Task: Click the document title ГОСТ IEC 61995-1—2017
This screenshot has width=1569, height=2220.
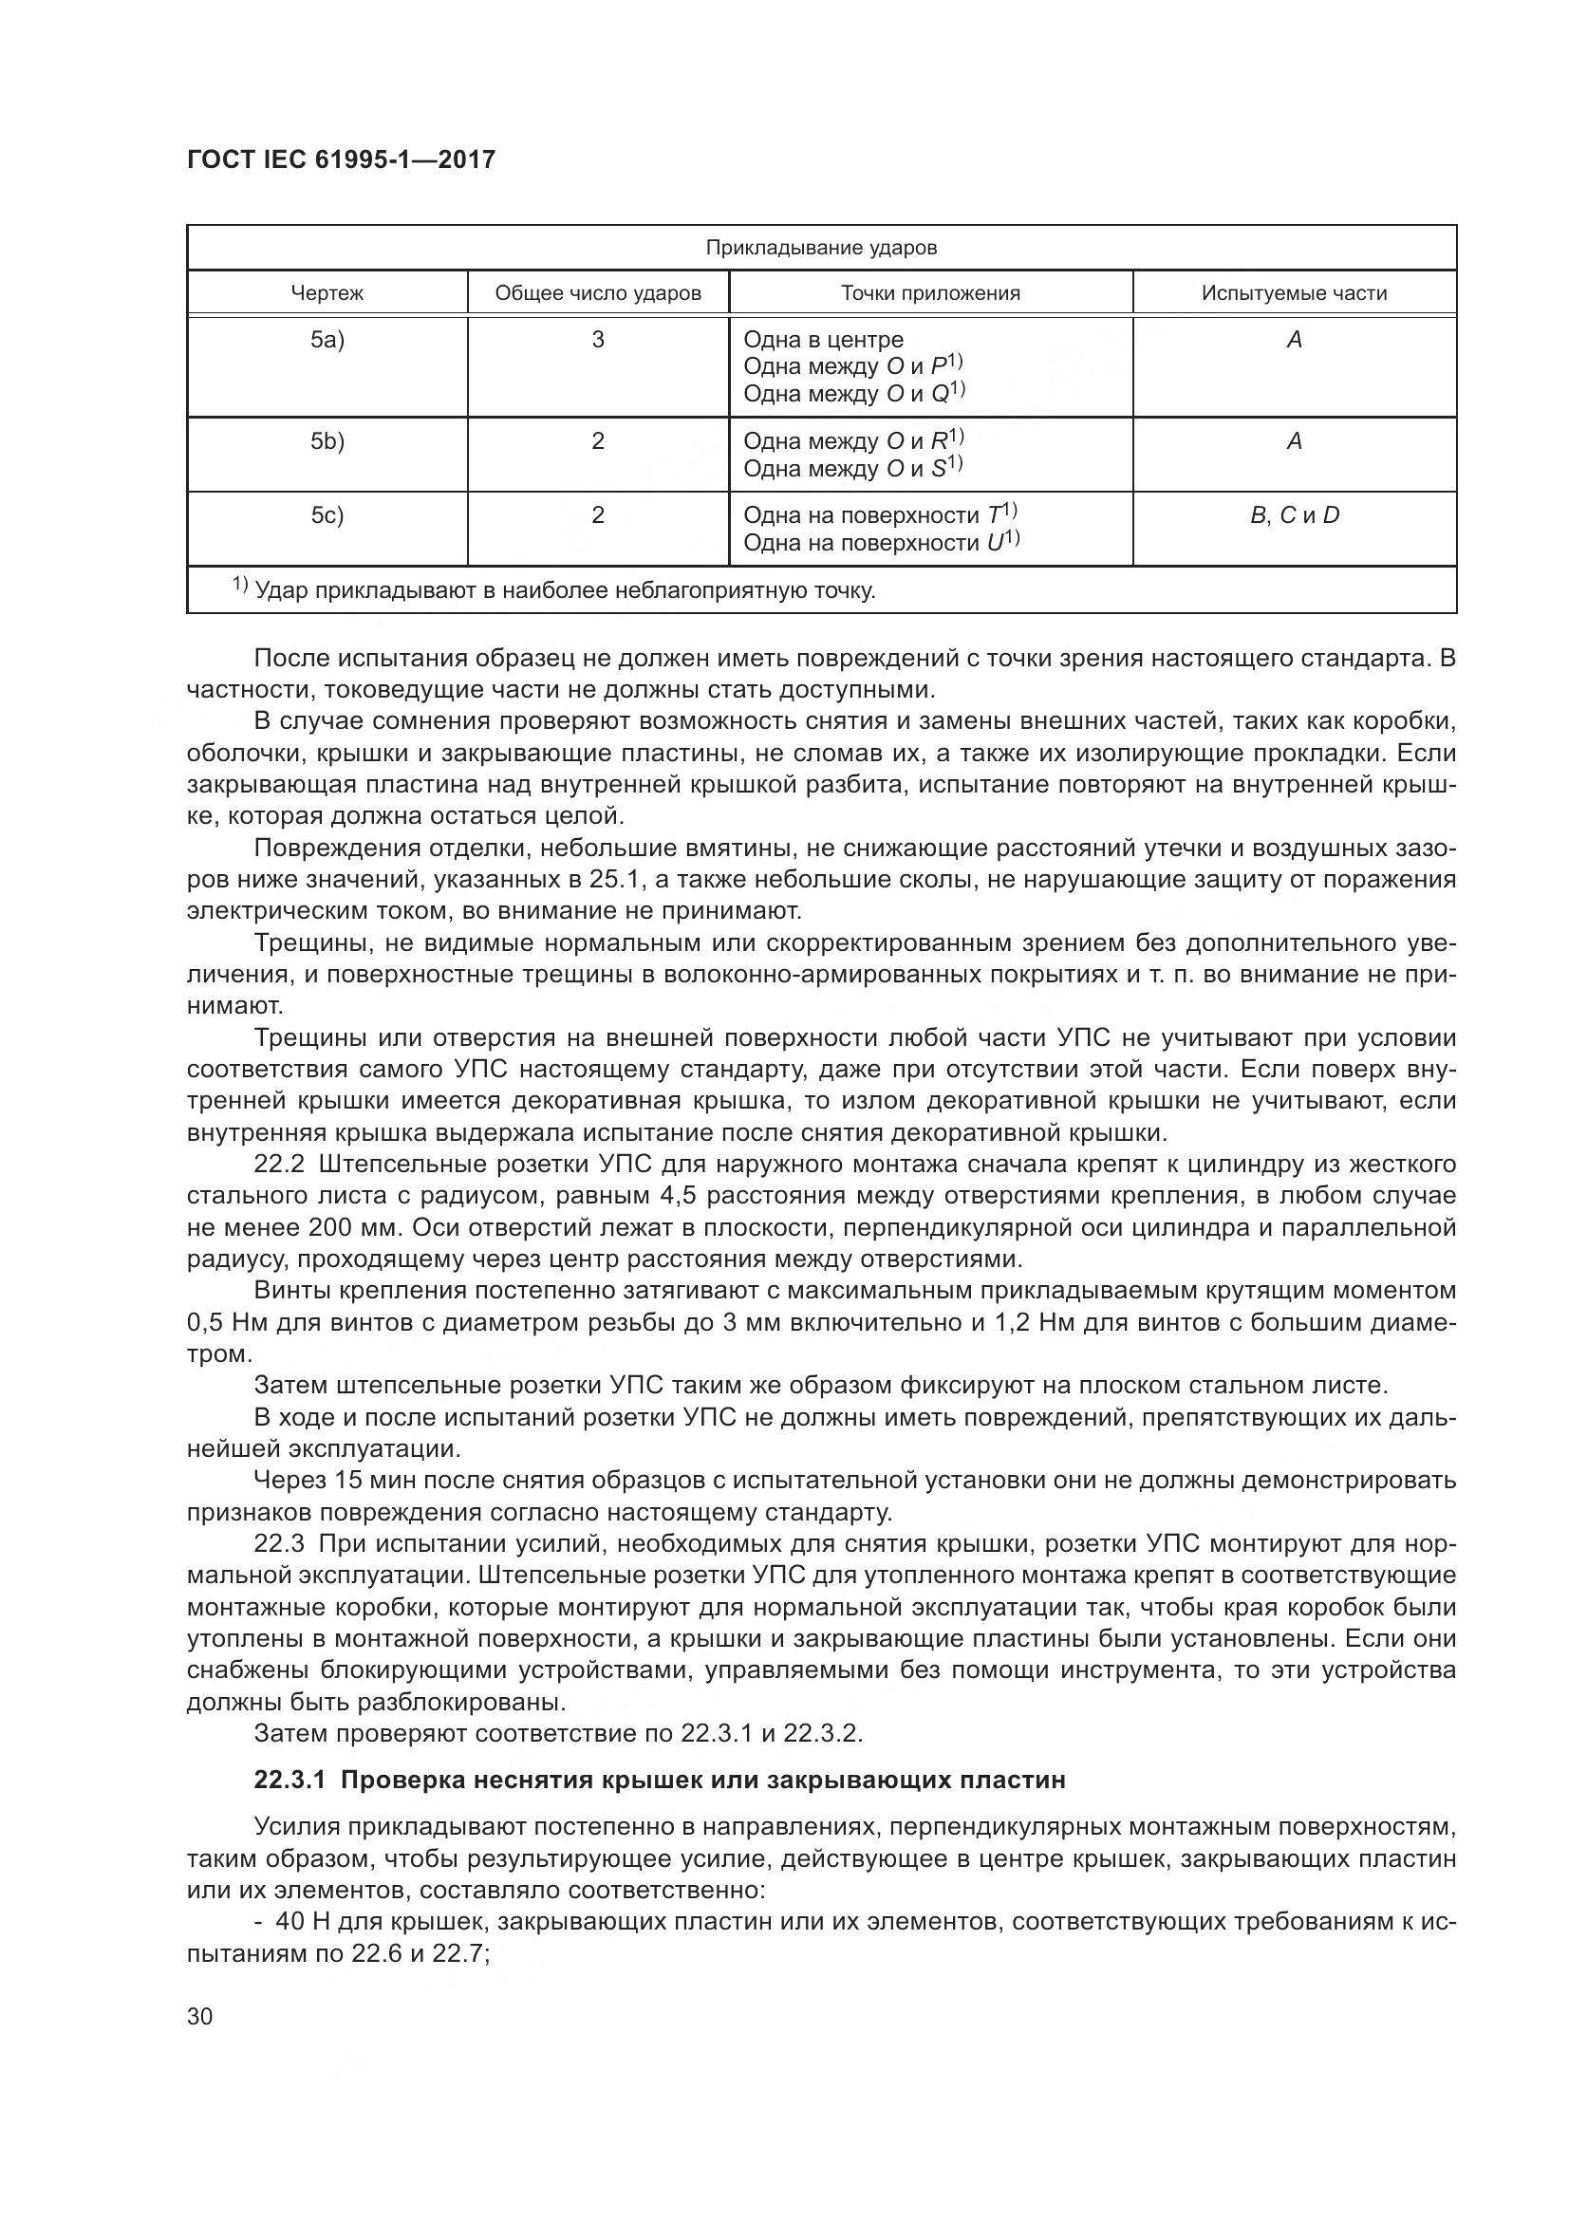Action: [x=341, y=159]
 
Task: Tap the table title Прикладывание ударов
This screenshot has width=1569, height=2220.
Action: [x=821, y=248]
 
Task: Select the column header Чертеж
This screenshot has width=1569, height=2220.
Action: [x=327, y=293]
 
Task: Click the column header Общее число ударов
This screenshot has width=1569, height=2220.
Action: [x=597, y=293]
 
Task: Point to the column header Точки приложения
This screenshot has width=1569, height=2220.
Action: [x=930, y=293]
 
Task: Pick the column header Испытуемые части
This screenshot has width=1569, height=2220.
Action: [x=1294, y=293]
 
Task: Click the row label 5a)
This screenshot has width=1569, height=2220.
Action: [x=327, y=340]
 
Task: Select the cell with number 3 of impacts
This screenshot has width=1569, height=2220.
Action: [x=597, y=340]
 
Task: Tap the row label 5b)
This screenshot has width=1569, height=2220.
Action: [x=327, y=441]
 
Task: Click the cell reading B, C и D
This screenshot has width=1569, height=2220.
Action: [x=1294, y=515]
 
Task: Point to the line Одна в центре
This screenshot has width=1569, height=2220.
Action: [x=823, y=340]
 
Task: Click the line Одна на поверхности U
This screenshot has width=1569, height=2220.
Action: [x=881, y=543]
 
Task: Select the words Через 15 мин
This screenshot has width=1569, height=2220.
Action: [x=332, y=1481]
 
